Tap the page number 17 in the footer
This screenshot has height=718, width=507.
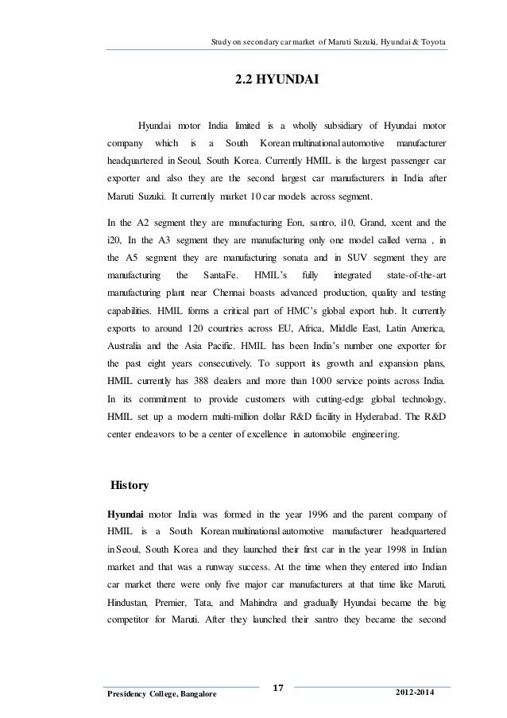click(277, 685)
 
